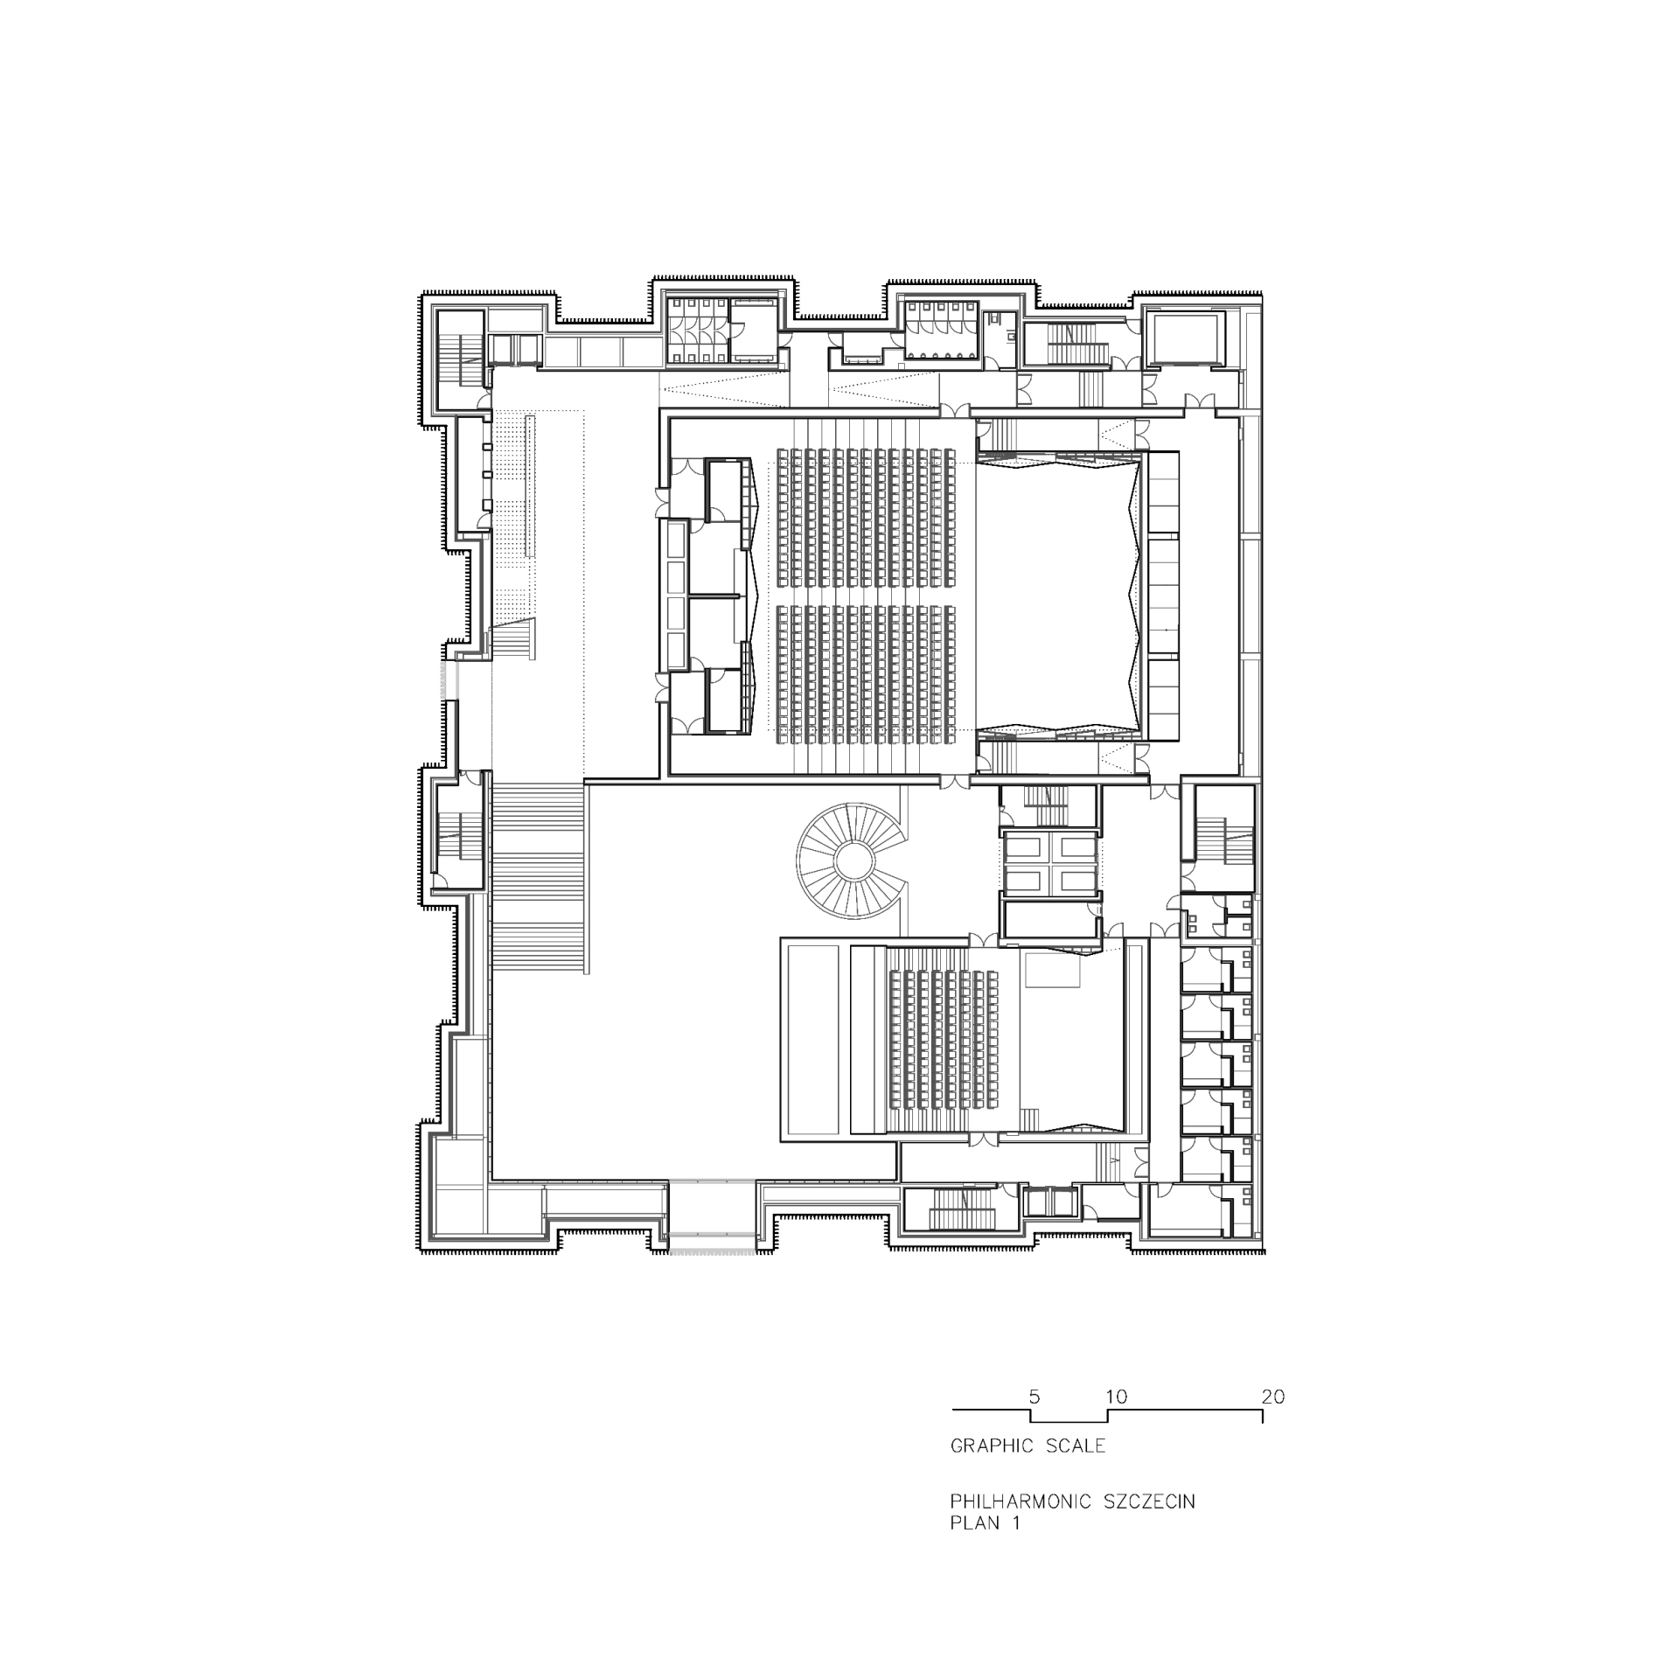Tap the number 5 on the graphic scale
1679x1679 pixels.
click(x=1035, y=1397)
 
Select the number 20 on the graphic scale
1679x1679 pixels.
click(x=1273, y=1397)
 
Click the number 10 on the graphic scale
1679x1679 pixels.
click(x=1117, y=1397)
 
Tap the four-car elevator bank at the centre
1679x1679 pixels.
click(x=1050, y=861)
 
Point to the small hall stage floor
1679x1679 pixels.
click(x=1074, y=1049)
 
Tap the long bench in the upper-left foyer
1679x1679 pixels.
click(x=530, y=485)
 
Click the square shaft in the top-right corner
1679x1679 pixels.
click(x=1187, y=338)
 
